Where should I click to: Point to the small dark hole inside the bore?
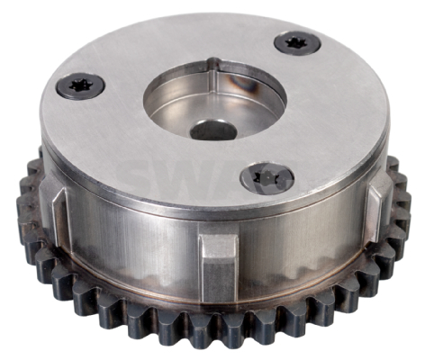214,131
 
